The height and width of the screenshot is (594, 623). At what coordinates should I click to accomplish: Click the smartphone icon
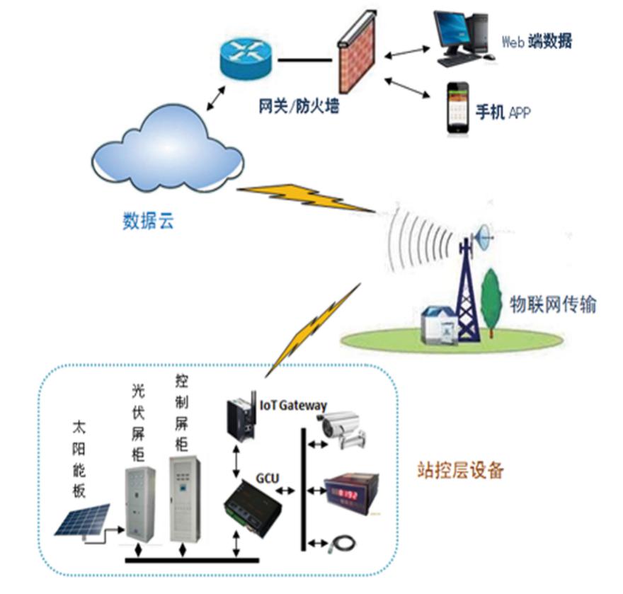[458, 108]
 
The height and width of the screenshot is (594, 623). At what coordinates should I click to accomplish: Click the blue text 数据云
[148, 221]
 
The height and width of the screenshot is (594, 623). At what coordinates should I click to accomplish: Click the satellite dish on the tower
[485, 237]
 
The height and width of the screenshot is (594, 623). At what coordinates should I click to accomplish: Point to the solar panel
[84, 520]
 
